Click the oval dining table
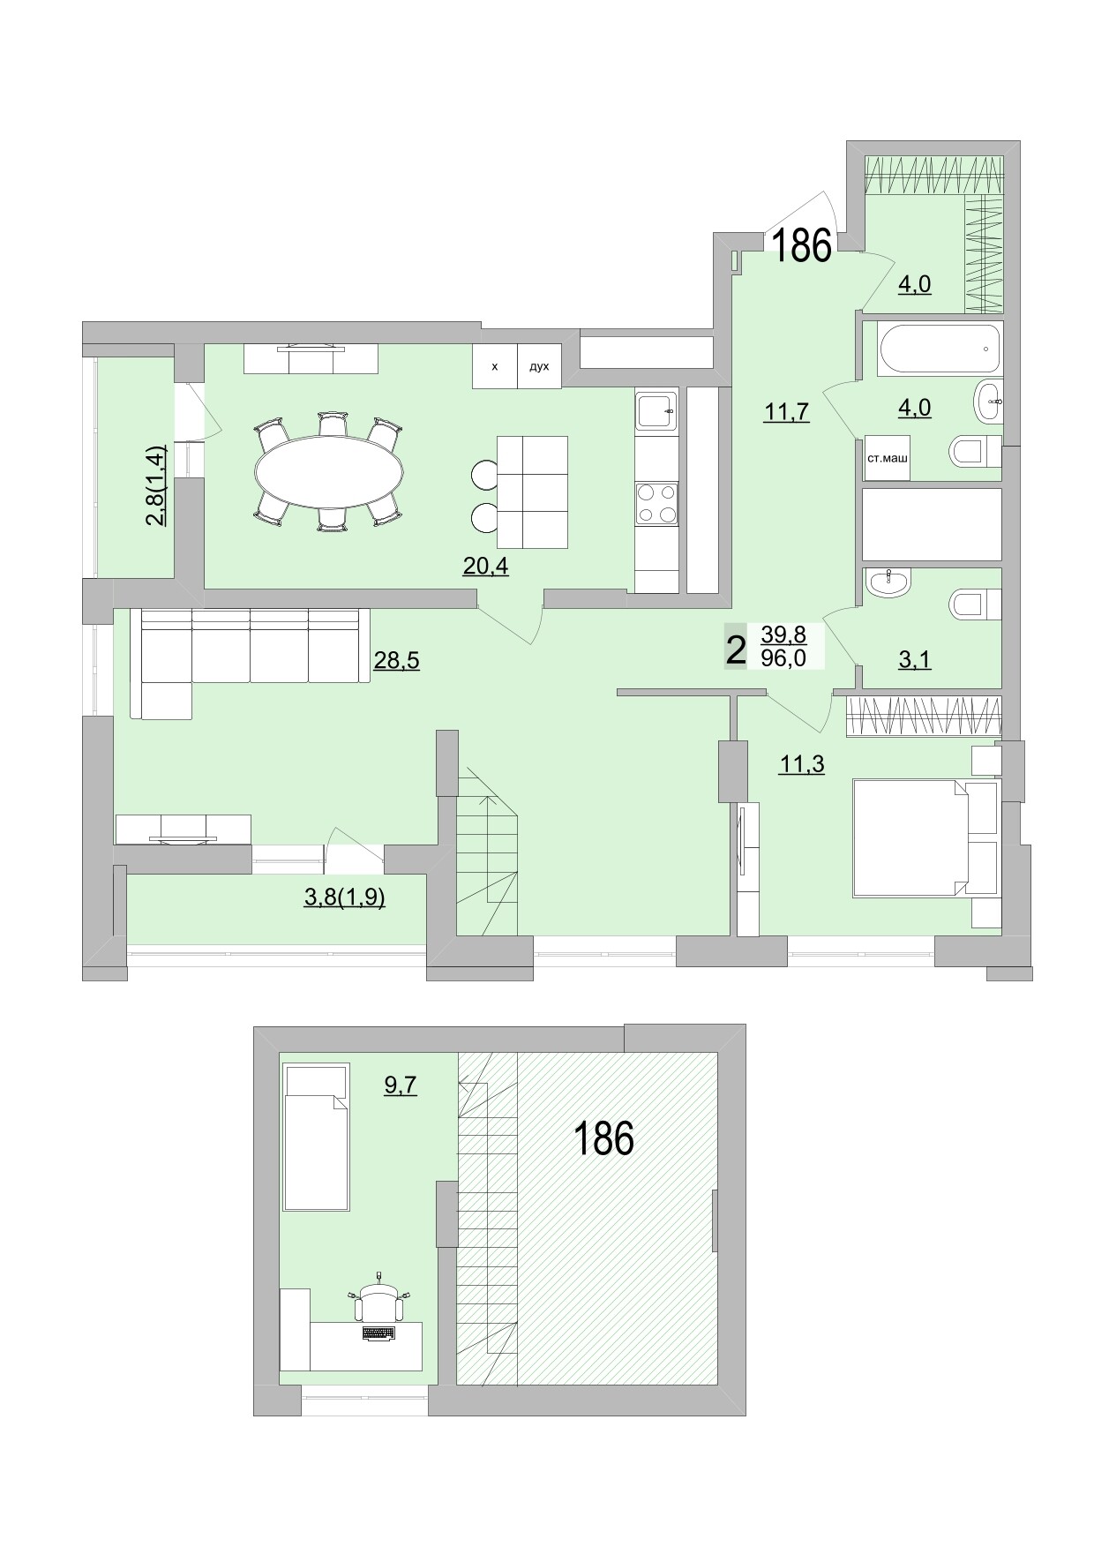point(328,472)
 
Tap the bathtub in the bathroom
point(940,349)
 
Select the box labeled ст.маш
point(887,458)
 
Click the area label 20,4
point(485,567)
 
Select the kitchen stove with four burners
point(656,504)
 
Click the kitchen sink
point(656,410)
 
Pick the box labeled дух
point(539,366)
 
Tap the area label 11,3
point(801,764)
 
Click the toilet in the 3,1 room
point(973,605)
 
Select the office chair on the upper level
point(378,1303)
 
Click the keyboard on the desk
point(378,1333)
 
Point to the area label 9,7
point(400,1085)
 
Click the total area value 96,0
point(783,657)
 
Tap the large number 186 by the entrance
point(803,246)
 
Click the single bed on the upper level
point(316,1138)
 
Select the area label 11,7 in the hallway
point(787,412)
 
